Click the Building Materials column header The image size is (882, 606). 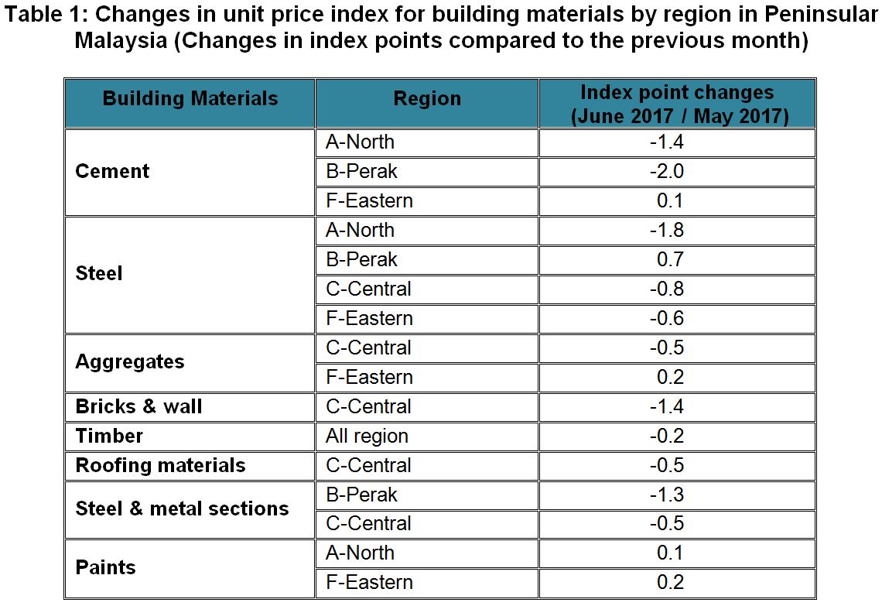click(x=190, y=99)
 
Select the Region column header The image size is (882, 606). click(x=427, y=99)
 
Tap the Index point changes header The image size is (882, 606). click(x=677, y=104)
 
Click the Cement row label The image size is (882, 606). click(x=112, y=171)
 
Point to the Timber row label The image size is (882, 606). click(x=109, y=436)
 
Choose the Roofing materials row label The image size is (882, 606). click(x=160, y=465)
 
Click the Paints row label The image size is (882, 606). click(x=105, y=567)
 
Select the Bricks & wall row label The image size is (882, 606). click(x=138, y=406)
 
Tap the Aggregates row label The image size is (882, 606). click(x=130, y=362)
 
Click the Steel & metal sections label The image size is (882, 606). click(x=182, y=508)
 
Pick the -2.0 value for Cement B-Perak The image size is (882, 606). click(x=667, y=171)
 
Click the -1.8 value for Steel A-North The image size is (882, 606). click(x=667, y=230)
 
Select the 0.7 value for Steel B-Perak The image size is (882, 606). click(x=671, y=259)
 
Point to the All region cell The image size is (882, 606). click(x=367, y=436)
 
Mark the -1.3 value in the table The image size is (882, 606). click(x=667, y=495)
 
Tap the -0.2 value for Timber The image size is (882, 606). click(x=667, y=436)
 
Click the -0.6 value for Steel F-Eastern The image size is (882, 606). click(x=667, y=318)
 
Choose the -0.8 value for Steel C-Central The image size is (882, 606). click(x=667, y=289)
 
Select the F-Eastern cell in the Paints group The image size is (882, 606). click(x=369, y=582)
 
